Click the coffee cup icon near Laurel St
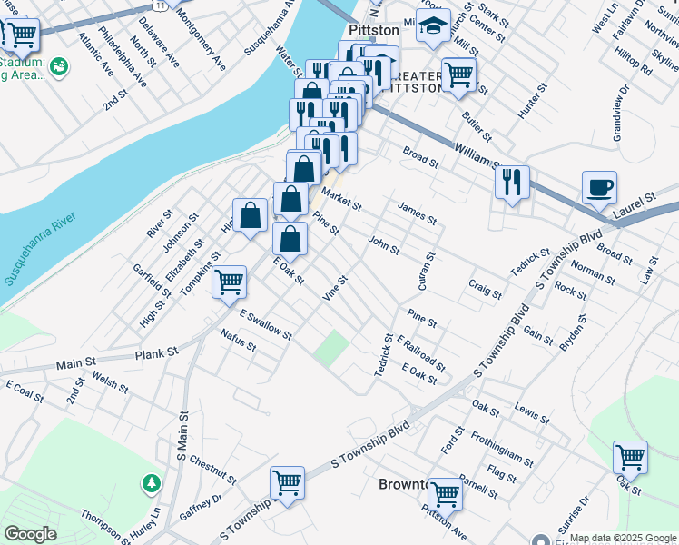click(599, 189)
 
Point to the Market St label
click(342, 199)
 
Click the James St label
click(417, 213)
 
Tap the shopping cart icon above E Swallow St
click(230, 282)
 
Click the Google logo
click(30, 533)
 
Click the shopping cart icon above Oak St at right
click(630, 457)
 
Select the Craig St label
click(485, 289)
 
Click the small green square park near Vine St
click(332, 345)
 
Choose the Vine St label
click(336, 289)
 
